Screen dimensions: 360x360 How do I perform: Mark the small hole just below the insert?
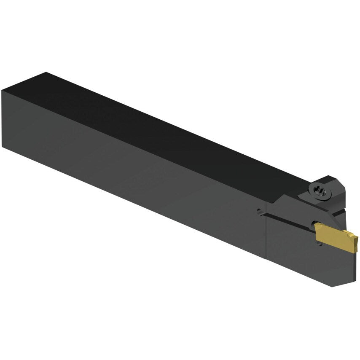tap(319, 244)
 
